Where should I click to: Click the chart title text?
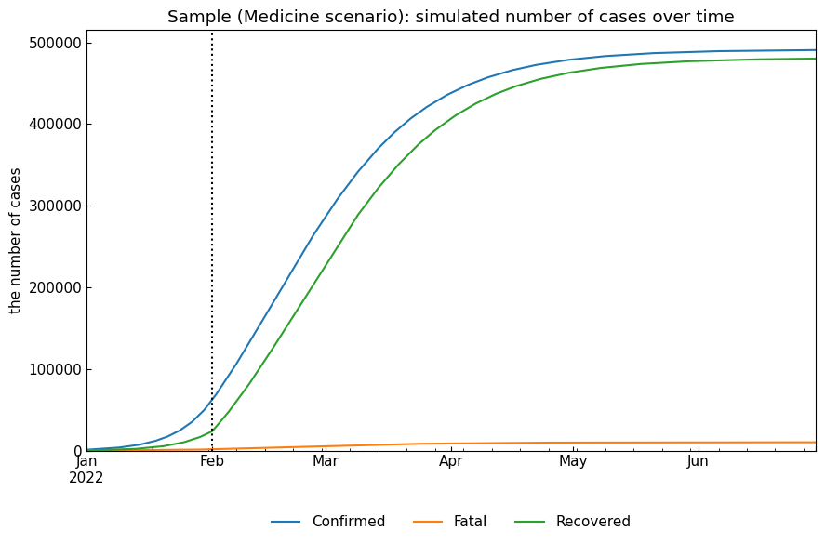[x=450, y=17]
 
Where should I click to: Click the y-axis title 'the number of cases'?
[x=16, y=240]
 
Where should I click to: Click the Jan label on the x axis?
[x=86, y=461]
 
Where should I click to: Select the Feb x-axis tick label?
[x=212, y=461]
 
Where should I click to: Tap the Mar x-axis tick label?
[x=326, y=461]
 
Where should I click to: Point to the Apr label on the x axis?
[x=451, y=461]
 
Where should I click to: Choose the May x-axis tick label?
[x=573, y=461]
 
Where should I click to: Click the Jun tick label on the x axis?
[x=698, y=461]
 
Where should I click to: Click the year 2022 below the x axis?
[x=86, y=478]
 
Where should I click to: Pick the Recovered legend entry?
[x=592, y=523]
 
